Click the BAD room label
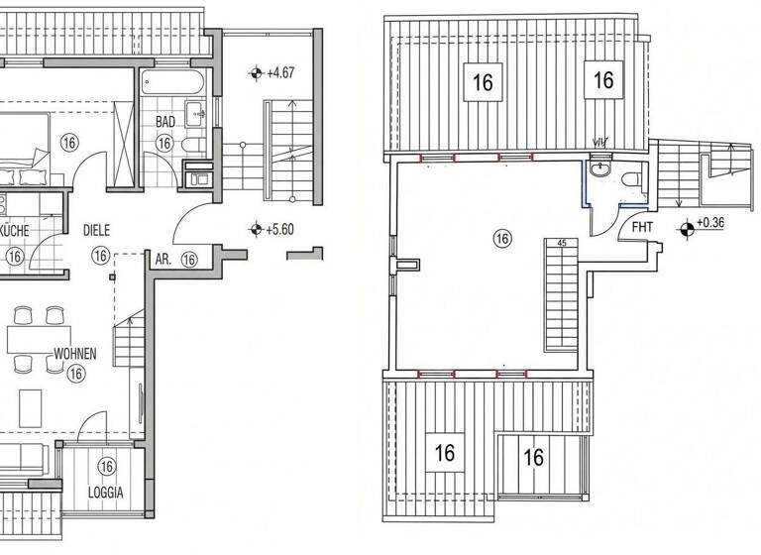(x=165, y=122)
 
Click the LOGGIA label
(x=106, y=490)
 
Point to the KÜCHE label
(x=12, y=231)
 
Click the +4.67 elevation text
(x=283, y=72)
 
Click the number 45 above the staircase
(x=562, y=243)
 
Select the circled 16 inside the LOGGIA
(x=107, y=467)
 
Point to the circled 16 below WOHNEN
(x=75, y=374)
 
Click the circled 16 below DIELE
(x=100, y=256)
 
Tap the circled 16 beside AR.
(x=189, y=259)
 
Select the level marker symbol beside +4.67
(x=257, y=72)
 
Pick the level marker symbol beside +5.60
(x=257, y=228)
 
